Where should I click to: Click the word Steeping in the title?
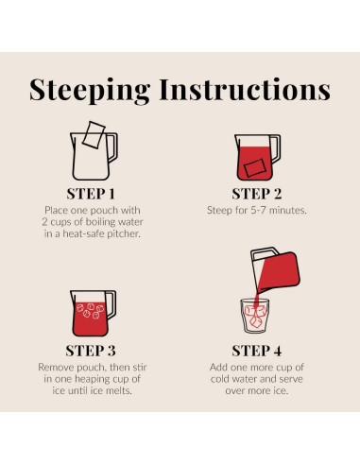point(90,91)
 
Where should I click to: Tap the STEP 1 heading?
point(91,194)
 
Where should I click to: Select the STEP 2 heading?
point(257,194)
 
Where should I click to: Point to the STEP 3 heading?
point(91,351)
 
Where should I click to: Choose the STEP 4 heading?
point(257,351)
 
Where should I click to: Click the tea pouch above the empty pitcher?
point(94,134)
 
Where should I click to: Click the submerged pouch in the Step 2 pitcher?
point(255,168)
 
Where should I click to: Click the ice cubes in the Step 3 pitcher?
point(91,311)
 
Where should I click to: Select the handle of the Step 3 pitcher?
point(112,304)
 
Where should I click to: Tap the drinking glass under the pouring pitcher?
point(255,316)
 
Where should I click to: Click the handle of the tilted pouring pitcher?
point(264,251)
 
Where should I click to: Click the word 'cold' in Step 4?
point(220,379)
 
